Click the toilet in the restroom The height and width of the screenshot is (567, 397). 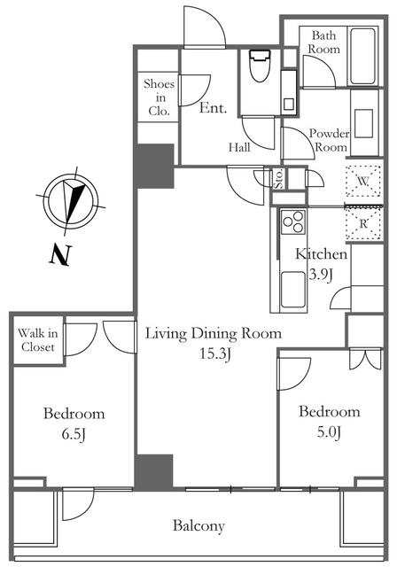(260, 66)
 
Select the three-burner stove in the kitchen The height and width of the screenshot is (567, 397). (293, 222)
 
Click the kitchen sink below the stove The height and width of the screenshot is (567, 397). (292, 290)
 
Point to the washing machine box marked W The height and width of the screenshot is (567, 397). (363, 181)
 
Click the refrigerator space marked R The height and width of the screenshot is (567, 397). (363, 223)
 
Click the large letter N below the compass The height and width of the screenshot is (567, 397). (60, 255)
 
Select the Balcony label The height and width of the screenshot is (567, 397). (198, 525)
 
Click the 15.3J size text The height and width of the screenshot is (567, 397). (215, 354)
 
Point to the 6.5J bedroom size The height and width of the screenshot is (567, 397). (74, 434)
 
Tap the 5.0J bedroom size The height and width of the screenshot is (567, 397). (329, 432)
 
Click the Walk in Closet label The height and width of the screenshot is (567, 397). (37, 340)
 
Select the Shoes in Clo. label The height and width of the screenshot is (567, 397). (160, 97)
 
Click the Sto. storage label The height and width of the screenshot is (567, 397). (278, 179)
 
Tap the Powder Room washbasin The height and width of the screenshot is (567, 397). (363, 124)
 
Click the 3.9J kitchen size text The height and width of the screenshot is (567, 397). (320, 276)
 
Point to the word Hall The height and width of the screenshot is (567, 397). (239, 147)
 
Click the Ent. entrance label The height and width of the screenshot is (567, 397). (214, 108)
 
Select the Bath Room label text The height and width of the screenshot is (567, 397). (324, 42)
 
